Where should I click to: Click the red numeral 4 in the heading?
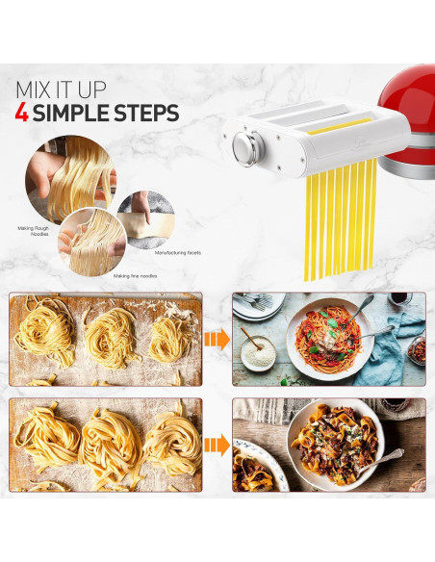click(x=21, y=114)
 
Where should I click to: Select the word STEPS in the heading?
click(x=143, y=114)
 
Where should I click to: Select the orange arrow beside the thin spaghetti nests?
click(x=217, y=339)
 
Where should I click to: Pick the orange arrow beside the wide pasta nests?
click(x=217, y=445)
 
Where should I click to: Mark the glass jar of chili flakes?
click(x=415, y=352)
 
